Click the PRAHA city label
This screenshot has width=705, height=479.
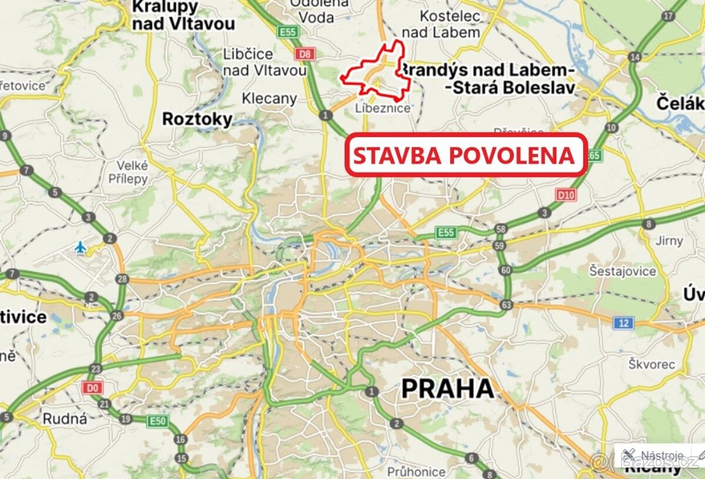447,389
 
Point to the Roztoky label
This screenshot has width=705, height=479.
197,119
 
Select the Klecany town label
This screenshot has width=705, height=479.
269,98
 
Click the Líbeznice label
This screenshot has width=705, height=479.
382,109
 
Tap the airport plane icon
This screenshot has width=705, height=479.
80,247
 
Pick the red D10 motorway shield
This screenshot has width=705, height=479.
565,195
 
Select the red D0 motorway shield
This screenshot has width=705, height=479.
91,388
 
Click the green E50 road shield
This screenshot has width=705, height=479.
157,421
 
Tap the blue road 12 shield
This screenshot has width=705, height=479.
623,322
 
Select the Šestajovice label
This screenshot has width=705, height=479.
623,271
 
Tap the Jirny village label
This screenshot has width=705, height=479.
669,240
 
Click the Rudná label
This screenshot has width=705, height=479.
65,419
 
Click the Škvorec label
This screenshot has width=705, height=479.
647,364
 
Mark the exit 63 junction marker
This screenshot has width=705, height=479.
506,305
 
